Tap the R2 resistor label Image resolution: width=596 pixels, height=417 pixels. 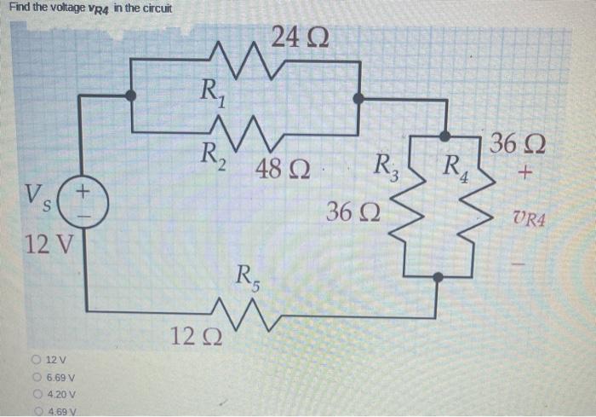210,154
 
